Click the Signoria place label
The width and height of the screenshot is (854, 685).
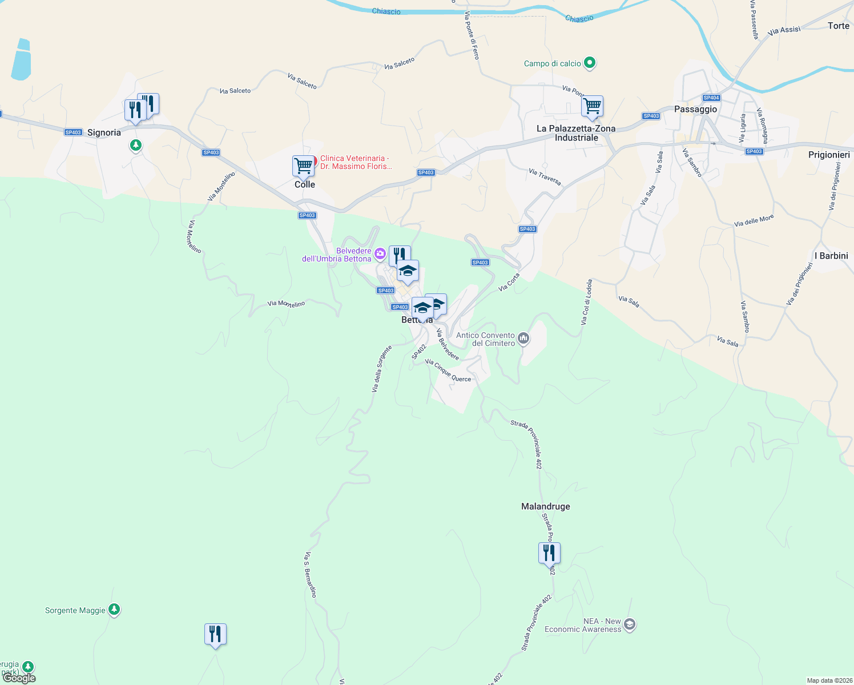[x=104, y=132]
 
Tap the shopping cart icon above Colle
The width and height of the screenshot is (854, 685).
[x=303, y=166]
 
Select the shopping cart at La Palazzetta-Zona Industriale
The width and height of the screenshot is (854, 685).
[x=593, y=106]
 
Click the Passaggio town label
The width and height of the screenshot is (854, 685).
[x=695, y=109]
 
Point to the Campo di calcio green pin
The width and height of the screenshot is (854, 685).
[x=590, y=63]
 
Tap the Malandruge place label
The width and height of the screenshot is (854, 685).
[x=545, y=506]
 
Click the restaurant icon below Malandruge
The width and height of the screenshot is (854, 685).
[x=549, y=553]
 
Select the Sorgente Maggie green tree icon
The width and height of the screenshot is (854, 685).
[x=114, y=610]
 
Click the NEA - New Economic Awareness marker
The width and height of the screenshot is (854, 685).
[x=630, y=624]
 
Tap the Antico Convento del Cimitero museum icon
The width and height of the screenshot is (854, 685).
[x=523, y=340]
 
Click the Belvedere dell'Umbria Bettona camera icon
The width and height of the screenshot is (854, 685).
[x=380, y=253]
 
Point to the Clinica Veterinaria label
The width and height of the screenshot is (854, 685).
[x=356, y=162]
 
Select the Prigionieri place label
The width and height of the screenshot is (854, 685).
[x=829, y=155]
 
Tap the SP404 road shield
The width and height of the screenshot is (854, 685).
[x=711, y=98]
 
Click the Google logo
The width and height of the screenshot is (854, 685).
[x=20, y=678]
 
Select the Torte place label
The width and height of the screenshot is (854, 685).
[x=838, y=26]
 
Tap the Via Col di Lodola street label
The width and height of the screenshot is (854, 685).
[x=586, y=303]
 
